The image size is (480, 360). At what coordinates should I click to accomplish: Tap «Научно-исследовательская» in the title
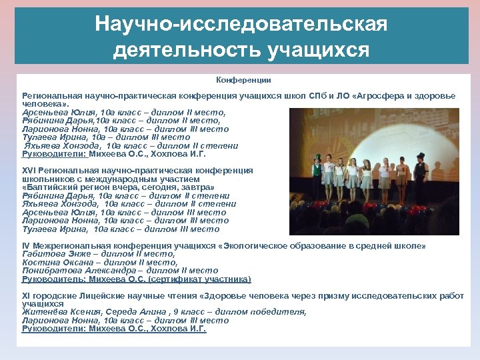pos(241,24)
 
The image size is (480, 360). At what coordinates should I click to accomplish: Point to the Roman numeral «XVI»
pos(29,171)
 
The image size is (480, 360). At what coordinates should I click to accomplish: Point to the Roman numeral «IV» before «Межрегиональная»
pos(26,246)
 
